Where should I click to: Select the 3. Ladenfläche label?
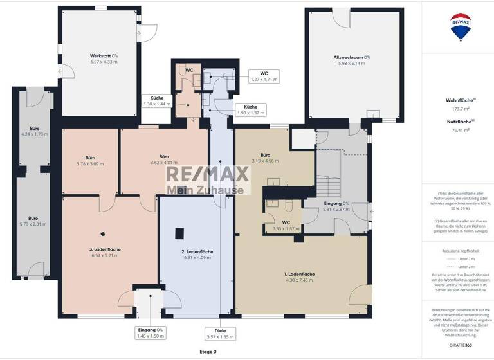(105, 252)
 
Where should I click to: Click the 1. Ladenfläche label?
(298, 276)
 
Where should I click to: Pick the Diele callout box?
(220, 333)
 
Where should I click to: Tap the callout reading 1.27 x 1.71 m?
(264, 76)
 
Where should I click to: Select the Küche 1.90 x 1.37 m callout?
(251, 110)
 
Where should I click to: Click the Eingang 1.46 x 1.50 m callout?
(151, 333)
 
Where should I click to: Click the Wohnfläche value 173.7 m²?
(459, 109)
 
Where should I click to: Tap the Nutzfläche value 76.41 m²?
(459, 130)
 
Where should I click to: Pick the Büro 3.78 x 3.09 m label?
(90, 161)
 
